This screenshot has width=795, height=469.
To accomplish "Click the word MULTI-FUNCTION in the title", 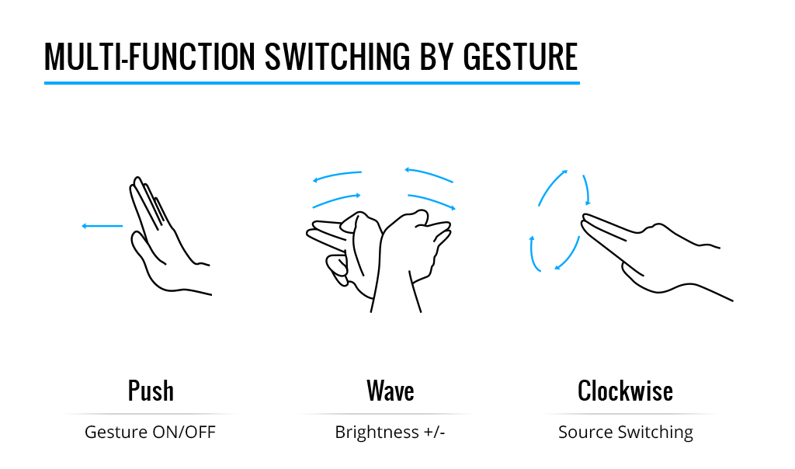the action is [150, 56].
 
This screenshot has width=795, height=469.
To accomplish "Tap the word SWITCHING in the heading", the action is [337, 56].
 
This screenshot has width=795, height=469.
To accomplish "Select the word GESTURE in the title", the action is [520, 56].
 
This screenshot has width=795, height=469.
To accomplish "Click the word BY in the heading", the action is [436, 56].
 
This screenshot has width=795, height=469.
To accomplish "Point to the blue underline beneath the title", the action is [312, 82].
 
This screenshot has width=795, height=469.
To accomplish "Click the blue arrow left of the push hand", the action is [102, 226].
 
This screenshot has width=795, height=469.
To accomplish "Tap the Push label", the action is [151, 391].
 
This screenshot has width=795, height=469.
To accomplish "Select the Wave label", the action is [391, 391].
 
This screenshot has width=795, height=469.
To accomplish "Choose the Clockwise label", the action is [625, 391].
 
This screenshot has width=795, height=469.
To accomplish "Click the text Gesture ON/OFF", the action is [150, 432].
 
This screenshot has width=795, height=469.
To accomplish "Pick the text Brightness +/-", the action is [390, 432].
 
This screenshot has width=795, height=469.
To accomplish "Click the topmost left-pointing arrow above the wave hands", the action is [337, 175].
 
